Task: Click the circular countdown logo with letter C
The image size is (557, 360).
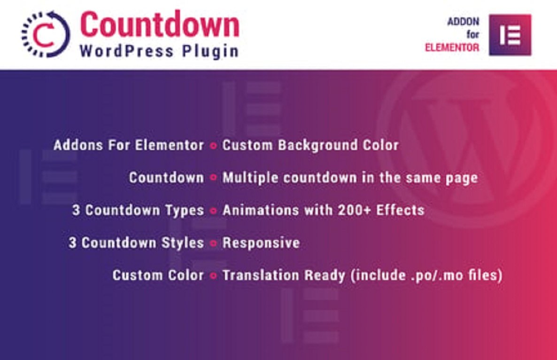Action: (x=45, y=34)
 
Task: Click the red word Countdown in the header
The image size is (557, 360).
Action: (x=159, y=24)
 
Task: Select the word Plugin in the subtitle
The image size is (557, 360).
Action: (x=211, y=51)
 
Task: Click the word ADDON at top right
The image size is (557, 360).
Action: (x=463, y=22)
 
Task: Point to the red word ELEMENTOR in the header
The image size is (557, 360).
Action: (x=452, y=47)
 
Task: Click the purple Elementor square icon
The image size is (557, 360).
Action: (x=510, y=35)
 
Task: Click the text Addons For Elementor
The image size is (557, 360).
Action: (x=129, y=145)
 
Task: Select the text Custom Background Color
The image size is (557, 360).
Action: (x=310, y=145)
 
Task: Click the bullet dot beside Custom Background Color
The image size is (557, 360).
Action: (x=213, y=146)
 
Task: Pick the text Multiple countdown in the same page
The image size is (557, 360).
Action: (x=350, y=178)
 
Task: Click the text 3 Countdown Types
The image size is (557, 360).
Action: (x=138, y=210)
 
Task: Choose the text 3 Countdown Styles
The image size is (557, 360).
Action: (x=137, y=243)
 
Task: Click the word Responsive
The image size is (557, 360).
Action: (x=261, y=243)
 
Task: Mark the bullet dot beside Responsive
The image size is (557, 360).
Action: (x=213, y=243)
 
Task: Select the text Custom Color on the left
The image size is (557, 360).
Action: (x=158, y=275)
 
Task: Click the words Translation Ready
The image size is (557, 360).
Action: (x=284, y=275)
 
